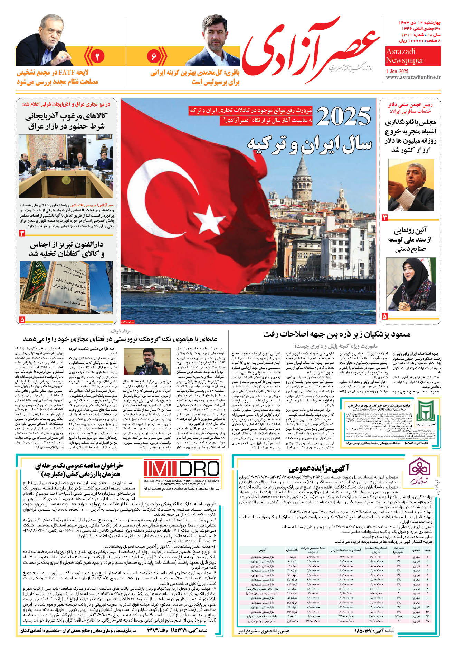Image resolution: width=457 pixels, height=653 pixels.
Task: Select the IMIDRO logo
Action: pos(181,470)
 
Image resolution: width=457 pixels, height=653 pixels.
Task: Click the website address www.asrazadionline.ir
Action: pos(413,77)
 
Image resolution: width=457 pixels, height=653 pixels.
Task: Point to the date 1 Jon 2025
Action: pos(397,71)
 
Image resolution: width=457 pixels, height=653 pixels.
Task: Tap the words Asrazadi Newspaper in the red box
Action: pos(404,56)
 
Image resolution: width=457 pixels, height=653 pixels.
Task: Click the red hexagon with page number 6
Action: pos(154,56)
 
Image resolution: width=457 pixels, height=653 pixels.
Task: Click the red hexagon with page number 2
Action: pos(97,56)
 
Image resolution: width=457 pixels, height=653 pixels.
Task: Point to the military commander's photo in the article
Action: pos(147,361)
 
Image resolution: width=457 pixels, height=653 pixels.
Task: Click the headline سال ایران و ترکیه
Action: pos(309,144)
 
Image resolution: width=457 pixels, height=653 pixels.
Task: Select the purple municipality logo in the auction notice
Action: pos(419,471)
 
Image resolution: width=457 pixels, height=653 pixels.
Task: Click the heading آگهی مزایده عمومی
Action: pos(319,468)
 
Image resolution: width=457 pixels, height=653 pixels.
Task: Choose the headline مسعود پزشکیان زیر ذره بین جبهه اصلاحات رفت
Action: pos(337,334)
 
